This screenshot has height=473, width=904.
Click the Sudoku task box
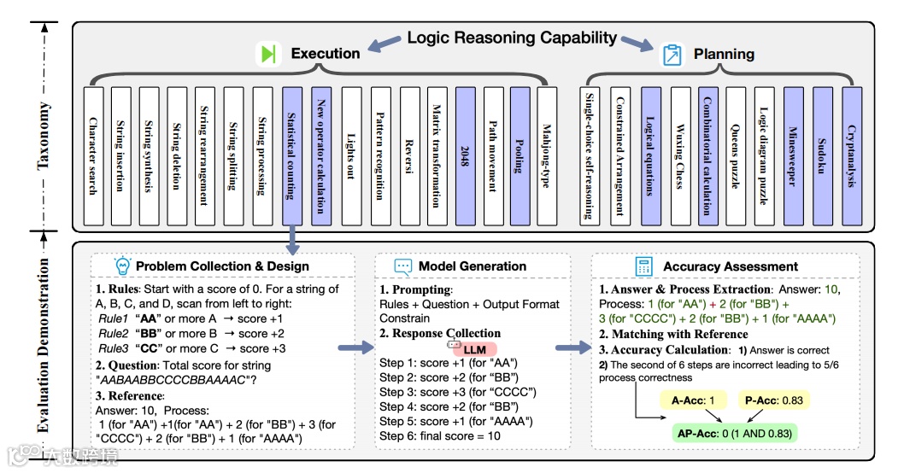pyautogui.click(x=822, y=154)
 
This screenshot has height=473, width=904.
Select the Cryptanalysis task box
pyautogui.click(x=851, y=154)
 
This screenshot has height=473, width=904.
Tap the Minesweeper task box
pyautogui.click(x=793, y=154)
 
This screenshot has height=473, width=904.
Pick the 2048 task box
pyautogui.click(x=465, y=154)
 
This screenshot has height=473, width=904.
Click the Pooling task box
pyautogui.click(x=521, y=154)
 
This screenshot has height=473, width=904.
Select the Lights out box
pyautogui.click(x=350, y=154)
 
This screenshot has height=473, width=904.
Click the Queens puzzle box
pyautogui.click(x=735, y=154)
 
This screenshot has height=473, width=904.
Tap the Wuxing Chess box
pyautogui.click(x=678, y=154)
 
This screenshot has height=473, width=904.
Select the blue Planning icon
pyautogui.click(x=674, y=55)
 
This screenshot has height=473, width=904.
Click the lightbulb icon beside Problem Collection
pyautogui.click(x=122, y=266)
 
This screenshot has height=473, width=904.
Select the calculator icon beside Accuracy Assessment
pyautogui.click(x=645, y=266)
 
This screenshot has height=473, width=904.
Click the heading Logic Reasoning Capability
pyautogui.click(x=511, y=38)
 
